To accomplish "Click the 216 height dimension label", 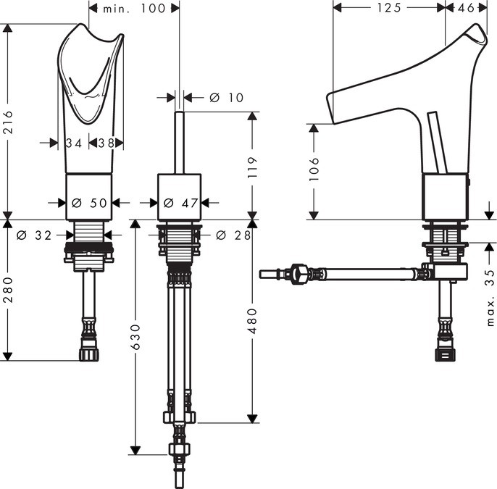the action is click(x=8, y=122).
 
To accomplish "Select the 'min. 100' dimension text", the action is click(x=134, y=9).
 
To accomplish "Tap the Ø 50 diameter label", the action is click(x=89, y=203).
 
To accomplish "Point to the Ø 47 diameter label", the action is click(x=180, y=203).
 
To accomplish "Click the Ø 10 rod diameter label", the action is click(x=226, y=98).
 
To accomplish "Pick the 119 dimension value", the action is click(x=252, y=167).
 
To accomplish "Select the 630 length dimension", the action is click(x=135, y=337).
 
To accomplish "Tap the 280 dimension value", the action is click(x=8, y=290).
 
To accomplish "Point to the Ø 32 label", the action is click(x=34, y=235).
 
